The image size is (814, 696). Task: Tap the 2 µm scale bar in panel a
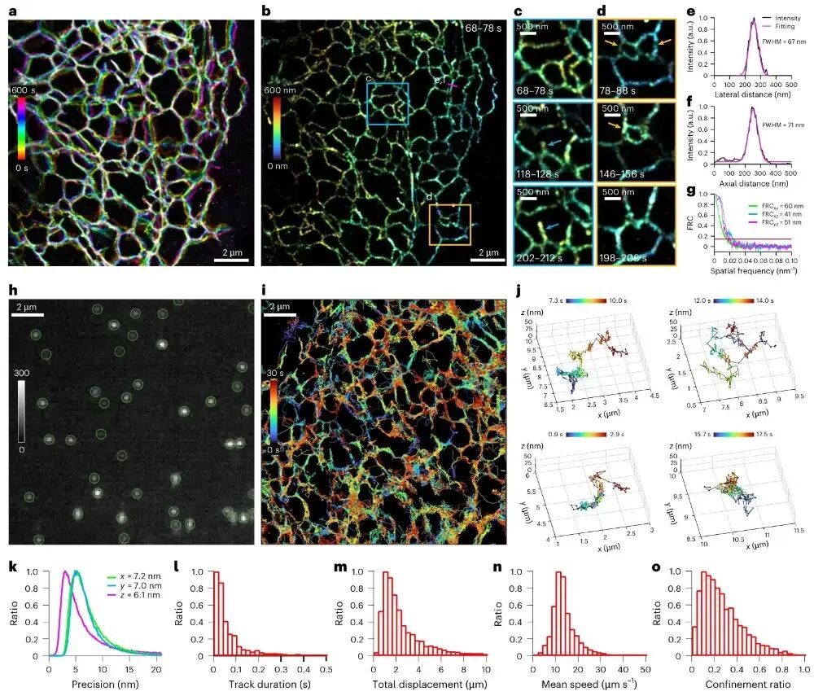click(231, 260)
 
